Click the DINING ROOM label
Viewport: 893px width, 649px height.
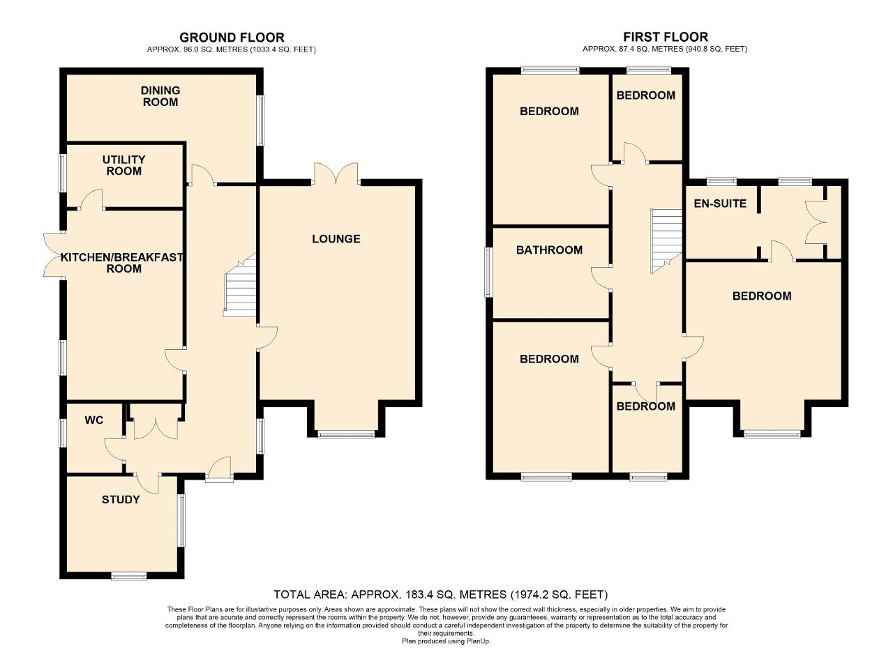coord(160,96)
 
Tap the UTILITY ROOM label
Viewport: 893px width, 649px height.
coord(124,165)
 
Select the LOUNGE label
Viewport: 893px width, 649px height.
coord(336,238)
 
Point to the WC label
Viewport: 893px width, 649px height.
coord(94,420)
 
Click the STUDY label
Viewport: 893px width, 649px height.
coord(121,500)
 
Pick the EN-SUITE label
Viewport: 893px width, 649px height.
coord(720,204)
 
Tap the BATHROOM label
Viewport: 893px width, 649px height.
coord(549,250)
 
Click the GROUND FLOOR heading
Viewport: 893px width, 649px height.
coord(232,38)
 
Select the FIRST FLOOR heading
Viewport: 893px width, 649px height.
coord(666,37)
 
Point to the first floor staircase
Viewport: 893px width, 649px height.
coord(666,240)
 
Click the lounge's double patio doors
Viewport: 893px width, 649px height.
coord(336,174)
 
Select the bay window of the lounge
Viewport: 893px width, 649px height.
coord(346,434)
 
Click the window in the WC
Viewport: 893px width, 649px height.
coord(63,432)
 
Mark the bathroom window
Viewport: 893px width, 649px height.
coord(488,273)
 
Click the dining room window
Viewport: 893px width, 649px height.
coord(260,120)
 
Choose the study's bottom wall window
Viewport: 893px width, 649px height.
coord(129,576)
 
